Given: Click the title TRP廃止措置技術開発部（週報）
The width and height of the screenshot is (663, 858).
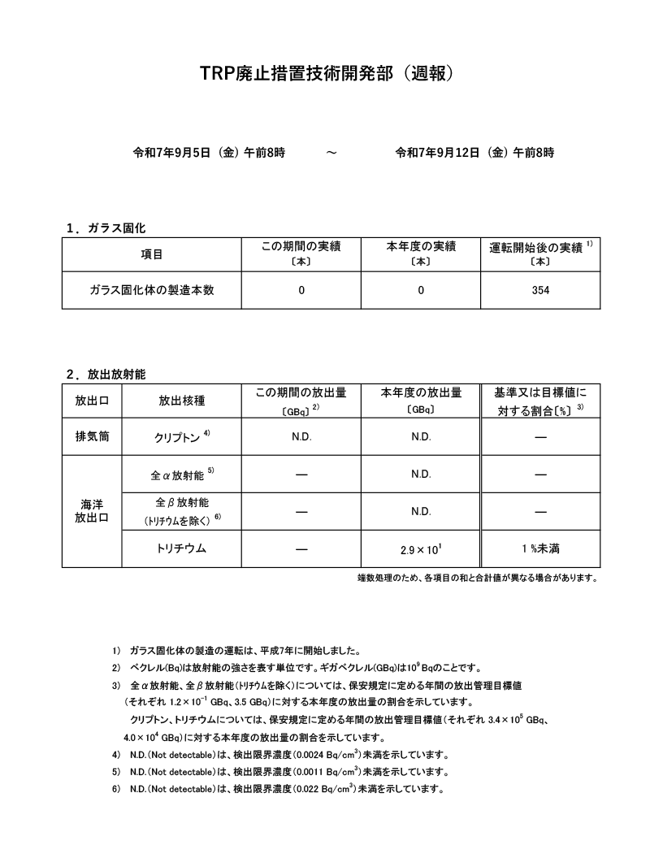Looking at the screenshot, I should (331, 73).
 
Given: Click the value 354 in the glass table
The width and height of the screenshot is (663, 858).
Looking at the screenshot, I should (540, 290).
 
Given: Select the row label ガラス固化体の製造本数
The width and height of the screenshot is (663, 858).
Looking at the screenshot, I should (152, 290).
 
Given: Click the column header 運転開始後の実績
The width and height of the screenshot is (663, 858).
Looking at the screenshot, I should (536, 247).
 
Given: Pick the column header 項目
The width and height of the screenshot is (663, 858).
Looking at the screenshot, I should (152, 254).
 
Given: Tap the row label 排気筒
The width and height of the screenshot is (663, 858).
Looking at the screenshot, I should (92, 436).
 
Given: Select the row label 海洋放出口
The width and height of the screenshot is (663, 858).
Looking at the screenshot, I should (92, 511).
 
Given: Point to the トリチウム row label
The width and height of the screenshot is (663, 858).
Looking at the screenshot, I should (180, 548).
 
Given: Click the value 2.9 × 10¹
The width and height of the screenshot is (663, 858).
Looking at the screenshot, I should (421, 549).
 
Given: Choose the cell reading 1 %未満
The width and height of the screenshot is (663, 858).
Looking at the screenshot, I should (540, 549).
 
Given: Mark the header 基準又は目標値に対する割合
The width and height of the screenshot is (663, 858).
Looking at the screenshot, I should (540, 401).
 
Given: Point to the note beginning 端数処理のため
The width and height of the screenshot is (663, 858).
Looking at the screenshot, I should (478, 578).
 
